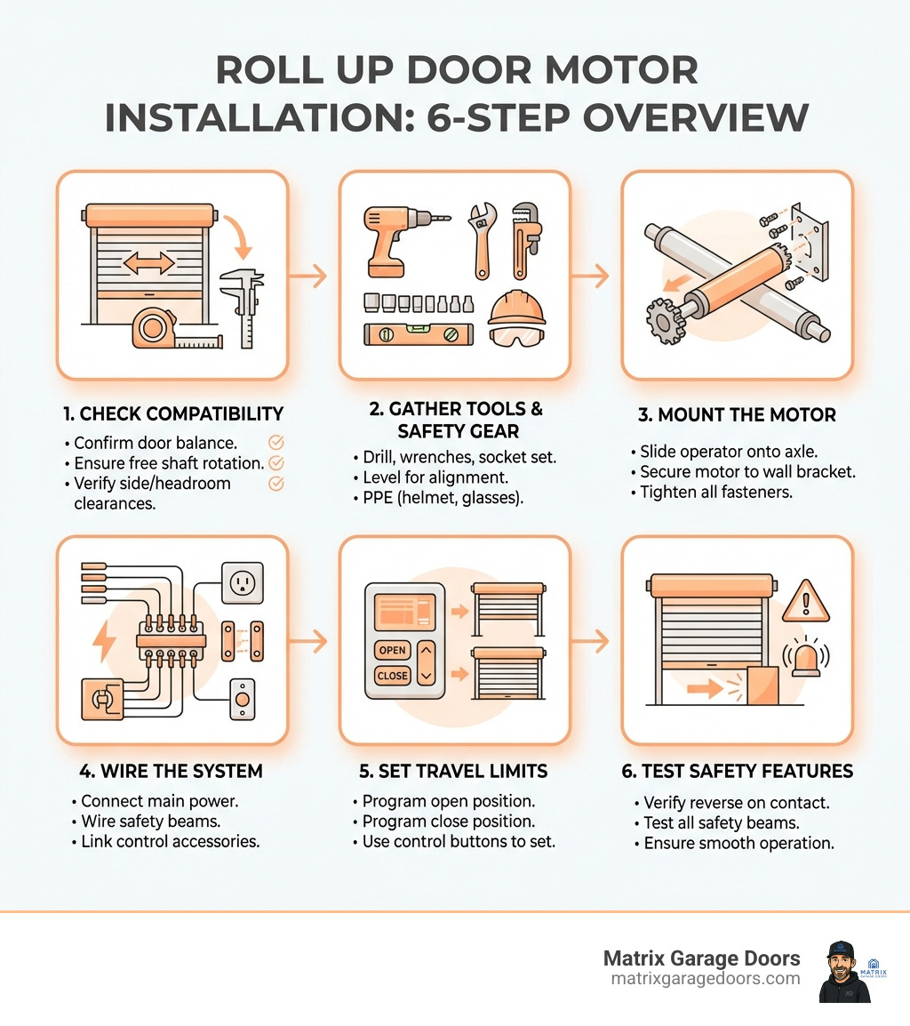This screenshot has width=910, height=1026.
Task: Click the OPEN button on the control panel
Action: click(392, 650)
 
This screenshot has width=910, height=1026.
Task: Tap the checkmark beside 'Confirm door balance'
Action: click(275, 442)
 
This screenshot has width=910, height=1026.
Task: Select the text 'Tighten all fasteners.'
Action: click(703, 492)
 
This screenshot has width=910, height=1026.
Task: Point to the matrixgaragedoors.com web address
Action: click(706, 978)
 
